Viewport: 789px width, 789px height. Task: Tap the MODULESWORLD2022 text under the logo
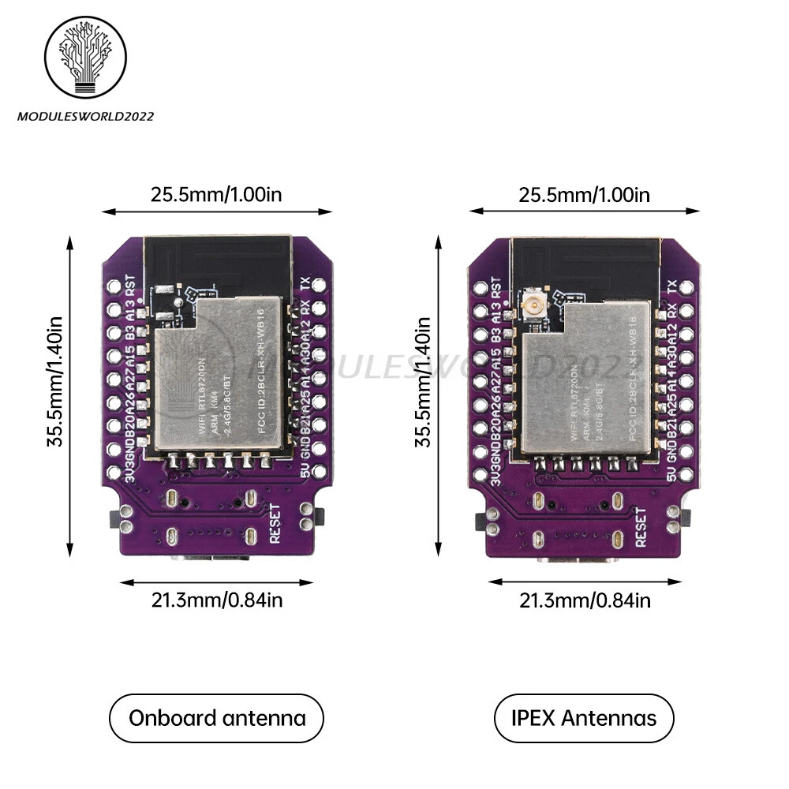pyautogui.click(x=85, y=116)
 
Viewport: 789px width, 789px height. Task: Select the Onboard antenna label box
pyautogui.click(x=217, y=718)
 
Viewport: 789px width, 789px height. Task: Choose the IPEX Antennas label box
pyautogui.click(x=585, y=718)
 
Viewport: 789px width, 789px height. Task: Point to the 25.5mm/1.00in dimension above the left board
pyautogui.click(x=216, y=194)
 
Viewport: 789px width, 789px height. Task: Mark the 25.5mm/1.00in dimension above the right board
pyautogui.click(x=584, y=194)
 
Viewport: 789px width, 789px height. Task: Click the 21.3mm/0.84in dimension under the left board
pyautogui.click(x=216, y=600)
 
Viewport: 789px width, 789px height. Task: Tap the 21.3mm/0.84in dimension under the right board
pyautogui.click(x=585, y=600)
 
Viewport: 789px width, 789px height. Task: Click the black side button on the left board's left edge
pyautogui.click(x=114, y=518)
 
